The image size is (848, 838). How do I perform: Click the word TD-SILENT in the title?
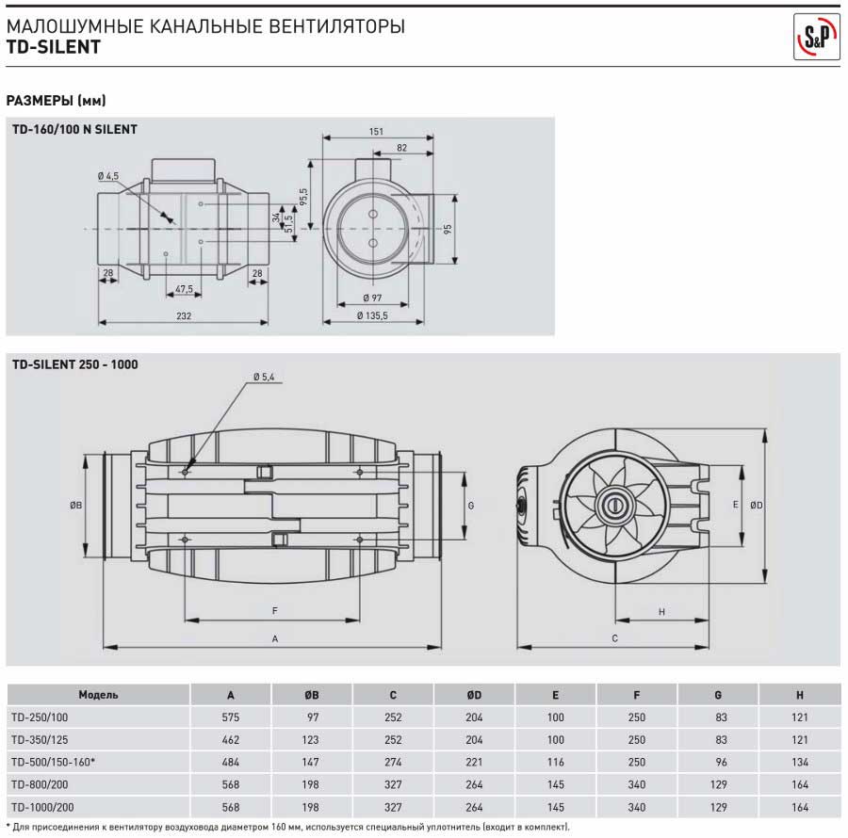tap(51, 46)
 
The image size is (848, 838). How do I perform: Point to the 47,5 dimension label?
tap(184, 288)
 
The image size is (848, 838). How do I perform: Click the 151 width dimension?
tap(376, 133)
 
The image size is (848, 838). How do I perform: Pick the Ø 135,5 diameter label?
tap(373, 315)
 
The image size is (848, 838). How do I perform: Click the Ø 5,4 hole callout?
tap(263, 377)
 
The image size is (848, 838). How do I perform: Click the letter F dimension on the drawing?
tap(274, 611)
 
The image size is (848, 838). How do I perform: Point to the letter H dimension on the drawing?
tap(661, 611)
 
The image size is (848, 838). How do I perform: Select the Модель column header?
tap(98, 695)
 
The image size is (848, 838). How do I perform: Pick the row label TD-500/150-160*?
tap(52, 762)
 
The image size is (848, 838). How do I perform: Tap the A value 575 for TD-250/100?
tap(231, 717)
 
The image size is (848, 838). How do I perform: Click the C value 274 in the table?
tap(393, 762)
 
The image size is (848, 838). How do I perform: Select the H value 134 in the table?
tap(799, 762)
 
